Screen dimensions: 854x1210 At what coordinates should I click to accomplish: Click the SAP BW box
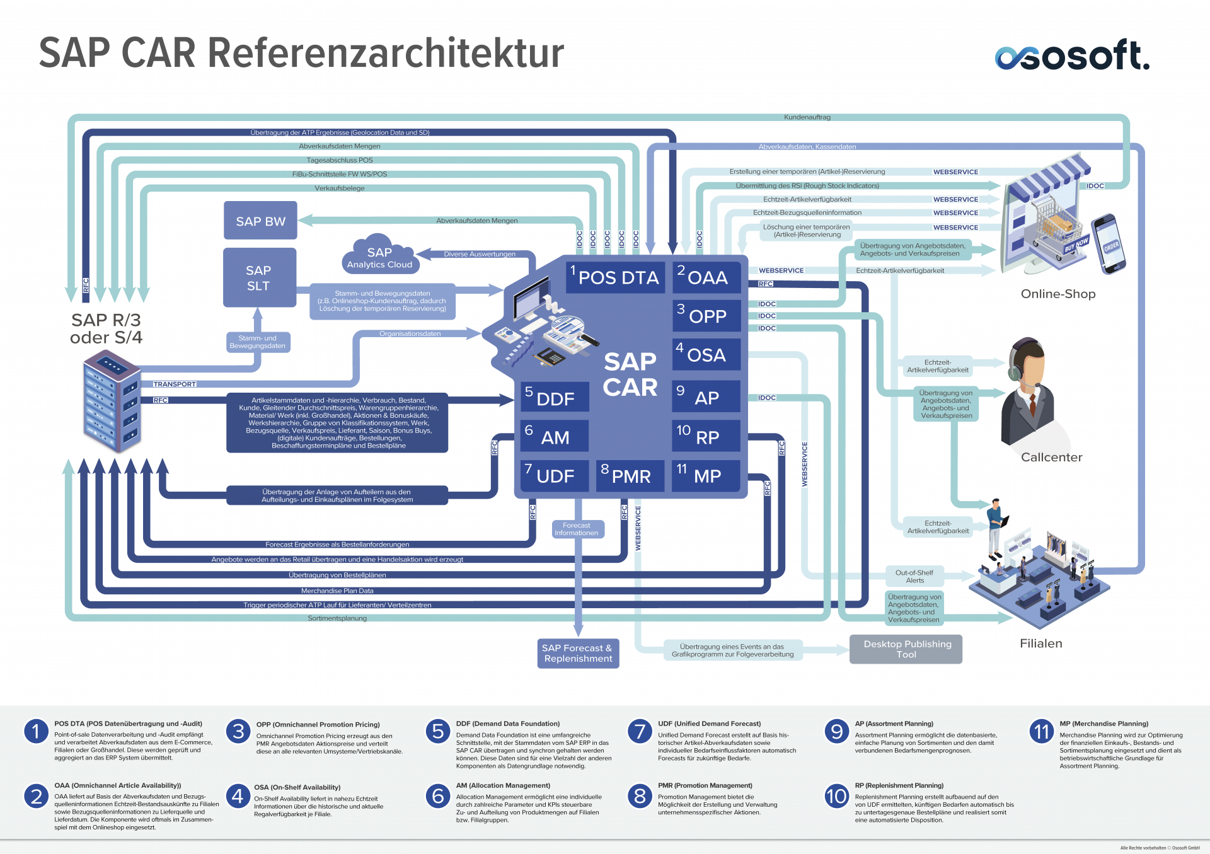tap(260, 221)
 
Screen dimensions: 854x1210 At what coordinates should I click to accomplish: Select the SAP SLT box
tap(259, 278)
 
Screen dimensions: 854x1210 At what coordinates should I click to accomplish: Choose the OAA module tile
tap(706, 278)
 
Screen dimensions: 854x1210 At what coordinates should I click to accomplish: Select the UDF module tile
tap(554, 476)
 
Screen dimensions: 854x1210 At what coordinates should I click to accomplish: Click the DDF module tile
tap(554, 398)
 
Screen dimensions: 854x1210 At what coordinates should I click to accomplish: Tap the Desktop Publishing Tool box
tap(906, 649)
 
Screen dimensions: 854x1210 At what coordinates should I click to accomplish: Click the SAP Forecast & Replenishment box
tap(578, 653)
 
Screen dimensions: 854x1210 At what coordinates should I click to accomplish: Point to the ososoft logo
tap(1072, 55)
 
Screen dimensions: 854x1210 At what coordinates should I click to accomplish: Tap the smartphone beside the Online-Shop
tap(1109, 243)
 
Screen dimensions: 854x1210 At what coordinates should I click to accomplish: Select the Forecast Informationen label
tap(577, 529)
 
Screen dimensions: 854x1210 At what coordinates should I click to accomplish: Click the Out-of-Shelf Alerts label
tap(914, 576)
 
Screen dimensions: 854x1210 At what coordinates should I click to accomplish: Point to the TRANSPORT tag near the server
tap(175, 384)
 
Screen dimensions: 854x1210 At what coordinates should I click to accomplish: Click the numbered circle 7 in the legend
tap(640, 732)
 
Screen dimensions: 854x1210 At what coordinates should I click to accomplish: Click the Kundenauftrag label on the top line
tap(807, 117)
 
